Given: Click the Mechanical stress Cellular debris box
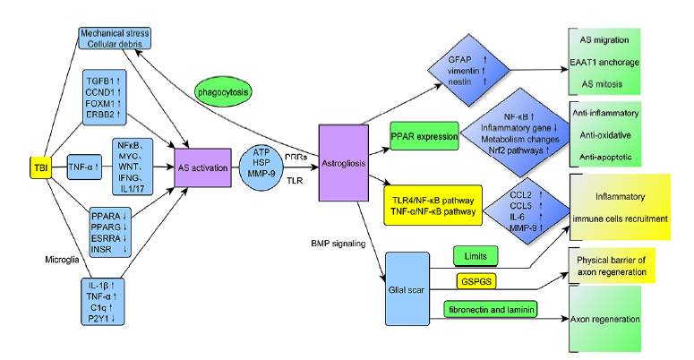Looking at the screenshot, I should (115, 38).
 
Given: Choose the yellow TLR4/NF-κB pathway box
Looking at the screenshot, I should (432, 203).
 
